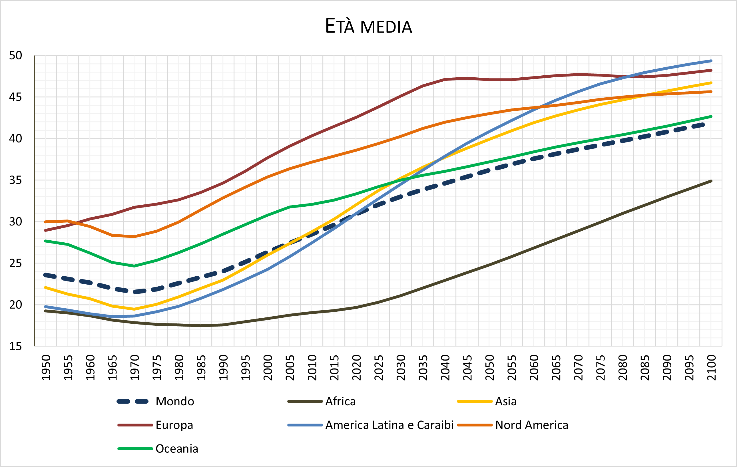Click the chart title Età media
368,26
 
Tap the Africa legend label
340,401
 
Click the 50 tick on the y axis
16,55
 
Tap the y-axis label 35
16,180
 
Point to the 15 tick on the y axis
16,346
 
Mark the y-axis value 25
16,263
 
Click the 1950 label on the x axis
46,368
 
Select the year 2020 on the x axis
356,368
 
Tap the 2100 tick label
711,368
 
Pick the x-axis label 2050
489,368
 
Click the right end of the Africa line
711,181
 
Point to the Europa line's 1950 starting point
45,230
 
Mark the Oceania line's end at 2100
711,116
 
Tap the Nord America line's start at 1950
45,222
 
